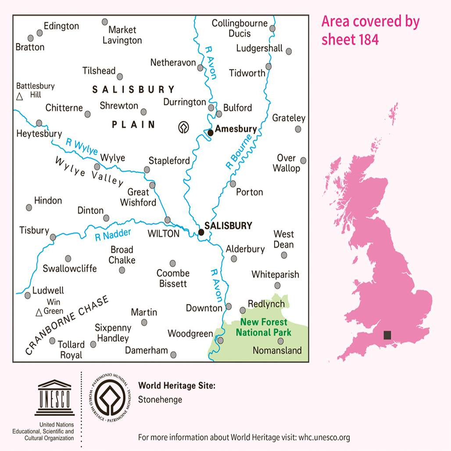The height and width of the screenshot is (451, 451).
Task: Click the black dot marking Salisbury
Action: click(201, 232)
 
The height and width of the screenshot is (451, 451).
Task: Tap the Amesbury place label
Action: click(236, 129)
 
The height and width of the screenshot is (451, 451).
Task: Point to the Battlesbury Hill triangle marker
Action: click(19, 97)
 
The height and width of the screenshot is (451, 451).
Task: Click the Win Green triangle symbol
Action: click(39, 312)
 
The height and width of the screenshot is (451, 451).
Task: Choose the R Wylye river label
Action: click(82, 147)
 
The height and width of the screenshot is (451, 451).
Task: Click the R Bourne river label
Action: click(239, 152)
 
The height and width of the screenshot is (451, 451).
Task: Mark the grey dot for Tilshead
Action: click(120, 76)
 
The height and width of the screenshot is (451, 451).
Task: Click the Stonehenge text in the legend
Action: click(160, 400)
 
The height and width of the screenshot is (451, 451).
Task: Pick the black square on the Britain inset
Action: click(387, 335)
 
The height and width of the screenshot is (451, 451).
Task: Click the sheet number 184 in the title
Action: click(365, 39)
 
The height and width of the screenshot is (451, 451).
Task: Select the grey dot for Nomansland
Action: click(281, 341)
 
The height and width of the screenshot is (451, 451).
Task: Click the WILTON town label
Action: click(164, 234)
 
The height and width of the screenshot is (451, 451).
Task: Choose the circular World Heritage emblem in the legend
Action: click(110, 397)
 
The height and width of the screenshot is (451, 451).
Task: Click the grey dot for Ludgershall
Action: click(289, 51)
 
